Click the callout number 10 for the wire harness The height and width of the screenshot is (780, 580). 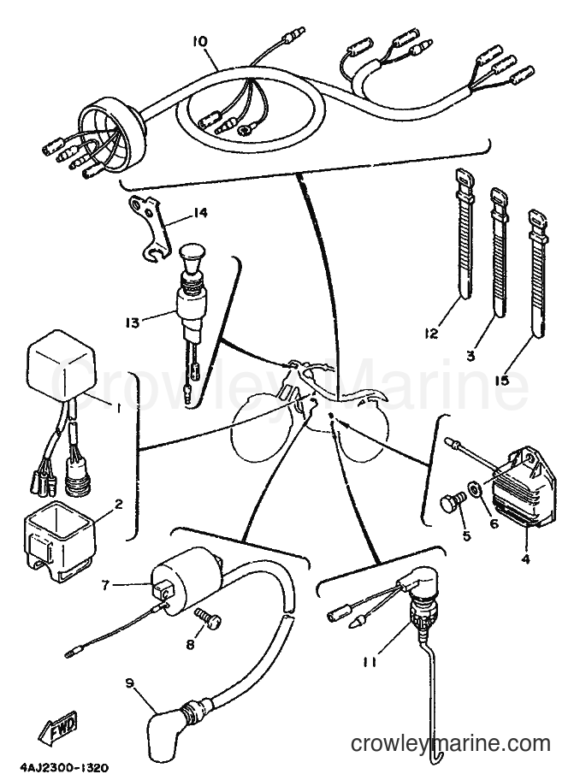point(200,41)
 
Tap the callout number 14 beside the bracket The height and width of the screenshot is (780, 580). point(200,213)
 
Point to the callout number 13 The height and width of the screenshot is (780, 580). point(133,322)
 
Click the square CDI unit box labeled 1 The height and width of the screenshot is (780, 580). point(62,365)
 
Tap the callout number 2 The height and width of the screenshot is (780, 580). point(118,505)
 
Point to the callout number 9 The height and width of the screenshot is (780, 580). point(130,683)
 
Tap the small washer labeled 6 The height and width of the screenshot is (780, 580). point(474,489)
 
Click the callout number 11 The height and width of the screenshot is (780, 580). point(369,662)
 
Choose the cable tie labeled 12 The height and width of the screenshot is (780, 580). point(464,234)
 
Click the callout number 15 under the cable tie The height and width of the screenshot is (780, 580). point(501,381)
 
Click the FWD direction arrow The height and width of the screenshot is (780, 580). point(58,724)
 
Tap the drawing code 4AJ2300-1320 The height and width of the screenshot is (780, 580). point(64,768)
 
